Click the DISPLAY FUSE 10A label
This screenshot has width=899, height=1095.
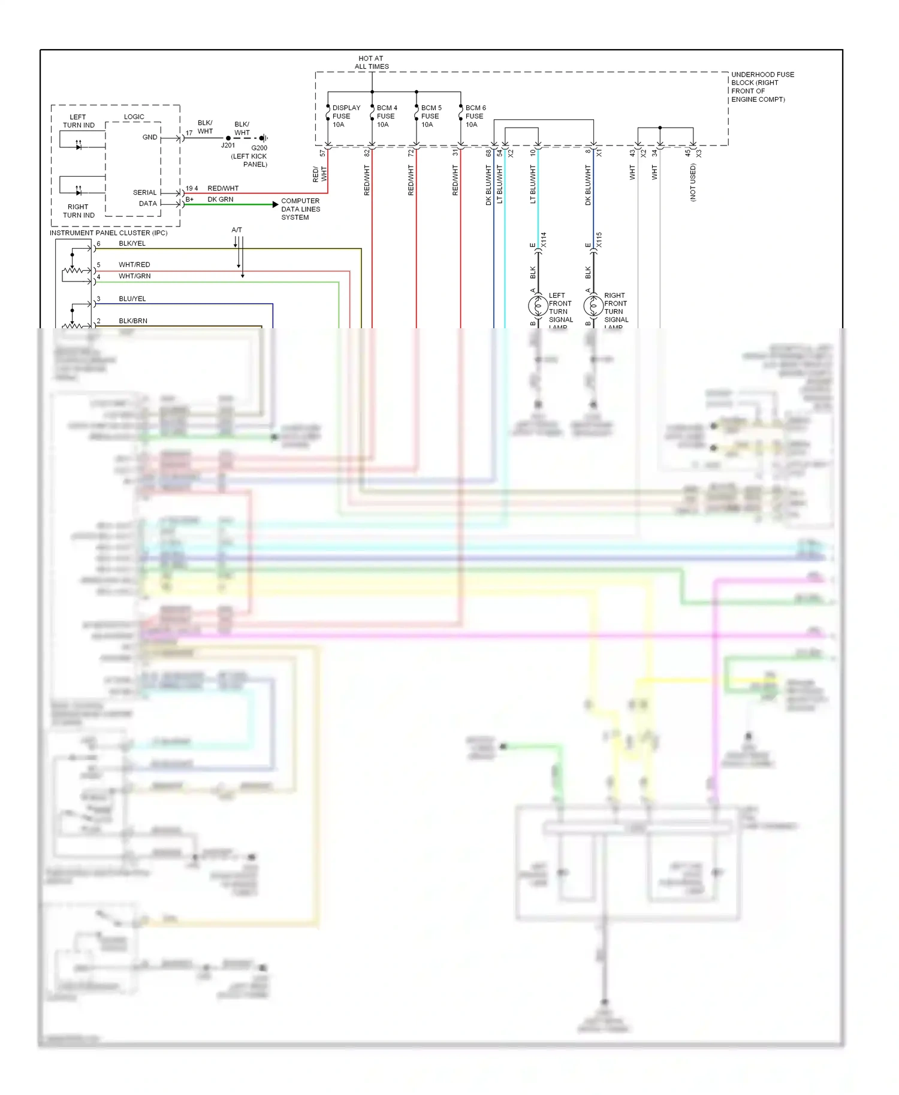(x=346, y=116)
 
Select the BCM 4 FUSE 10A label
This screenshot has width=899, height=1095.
(x=387, y=116)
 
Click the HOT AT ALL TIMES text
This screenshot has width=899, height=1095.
(x=372, y=63)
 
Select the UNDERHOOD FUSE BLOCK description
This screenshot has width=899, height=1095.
(x=762, y=87)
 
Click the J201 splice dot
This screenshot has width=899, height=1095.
(x=228, y=138)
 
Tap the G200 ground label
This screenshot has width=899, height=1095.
(x=259, y=148)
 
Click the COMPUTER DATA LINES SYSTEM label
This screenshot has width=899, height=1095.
(x=300, y=209)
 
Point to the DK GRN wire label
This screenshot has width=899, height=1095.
(x=221, y=199)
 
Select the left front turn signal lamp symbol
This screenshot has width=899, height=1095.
(x=538, y=306)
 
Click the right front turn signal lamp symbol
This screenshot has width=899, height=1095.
(x=593, y=306)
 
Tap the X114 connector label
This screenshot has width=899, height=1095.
(x=544, y=240)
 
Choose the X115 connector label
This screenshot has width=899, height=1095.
(x=599, y=240)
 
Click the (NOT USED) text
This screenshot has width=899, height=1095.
(x=693, y=182)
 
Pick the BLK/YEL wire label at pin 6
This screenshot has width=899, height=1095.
(x=132, y=244)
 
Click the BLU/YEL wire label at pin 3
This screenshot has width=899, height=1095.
(x=132, y=299)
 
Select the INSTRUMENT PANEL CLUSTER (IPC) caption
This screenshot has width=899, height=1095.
(x=108, y=233)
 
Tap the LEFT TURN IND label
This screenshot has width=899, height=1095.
(x=79, y=121)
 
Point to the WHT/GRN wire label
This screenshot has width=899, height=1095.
(x=134, y=276)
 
